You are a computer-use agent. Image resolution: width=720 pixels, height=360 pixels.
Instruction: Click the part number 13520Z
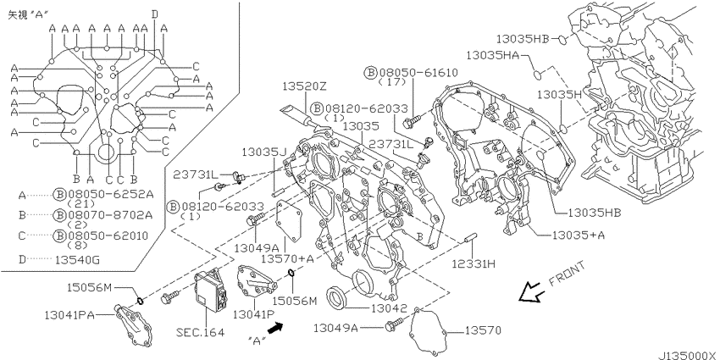pyautogui.click(x=304, y=86)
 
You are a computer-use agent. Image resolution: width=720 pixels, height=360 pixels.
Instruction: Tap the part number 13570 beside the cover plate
pyautogui.click(x=483, y=330)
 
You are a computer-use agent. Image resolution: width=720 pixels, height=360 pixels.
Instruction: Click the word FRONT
pyautogui.click(x=567, y=274)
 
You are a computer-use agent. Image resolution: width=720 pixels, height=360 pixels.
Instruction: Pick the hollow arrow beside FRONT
pyautogui.click(x=531, y=292)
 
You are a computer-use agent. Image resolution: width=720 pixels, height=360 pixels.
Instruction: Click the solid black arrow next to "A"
pyautogui.click(x=274, y=328)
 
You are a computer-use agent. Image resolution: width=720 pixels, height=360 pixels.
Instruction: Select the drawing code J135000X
pyautogui.click(x=688, y=356)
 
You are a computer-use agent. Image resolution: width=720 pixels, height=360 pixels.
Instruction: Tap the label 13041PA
pyautogui.click(x=69, y=315)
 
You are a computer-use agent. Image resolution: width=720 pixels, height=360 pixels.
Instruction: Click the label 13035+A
pyautogui.click(x=579, y=235)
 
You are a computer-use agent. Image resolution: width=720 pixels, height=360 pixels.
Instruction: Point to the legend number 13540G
pyautogui.click(x=77, y=260)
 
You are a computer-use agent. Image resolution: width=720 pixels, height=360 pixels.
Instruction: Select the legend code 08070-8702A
pyautogui.click(x=110, y=214)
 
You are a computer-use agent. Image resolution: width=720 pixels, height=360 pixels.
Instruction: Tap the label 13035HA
pyautogui.click(x=492, y=55)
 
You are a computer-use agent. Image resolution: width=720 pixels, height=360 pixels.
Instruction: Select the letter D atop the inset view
pyautogui.click(x=155, y=14)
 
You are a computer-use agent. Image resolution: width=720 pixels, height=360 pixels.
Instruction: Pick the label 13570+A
pyautogui.click(x=287, y=258)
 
